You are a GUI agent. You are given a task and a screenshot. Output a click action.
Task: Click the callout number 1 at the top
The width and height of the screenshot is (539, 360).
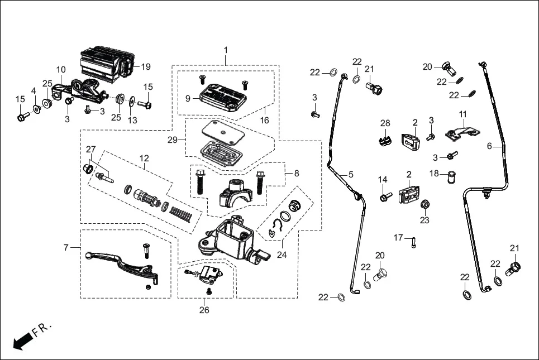pyautogui.click(x=226, y=50)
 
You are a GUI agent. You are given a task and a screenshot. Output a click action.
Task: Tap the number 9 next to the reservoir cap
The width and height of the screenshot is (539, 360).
pyautogui.click(x=188, y=98)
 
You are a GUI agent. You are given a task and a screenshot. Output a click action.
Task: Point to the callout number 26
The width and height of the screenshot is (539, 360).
pyautogui.click(x=204, y=310)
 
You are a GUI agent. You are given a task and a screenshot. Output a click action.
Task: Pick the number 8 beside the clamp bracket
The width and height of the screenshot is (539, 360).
pyautogui.click(x=296, y=173)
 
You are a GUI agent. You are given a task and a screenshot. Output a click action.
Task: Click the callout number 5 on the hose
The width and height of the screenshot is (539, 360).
pyautogui.click(x=350, y=174)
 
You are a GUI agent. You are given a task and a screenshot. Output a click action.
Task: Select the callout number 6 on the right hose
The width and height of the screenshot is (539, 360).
pyautogui.click(x=490, y=146)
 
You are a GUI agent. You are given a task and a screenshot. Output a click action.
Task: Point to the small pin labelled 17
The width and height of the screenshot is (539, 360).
pyautogui.click(x=413, y=242)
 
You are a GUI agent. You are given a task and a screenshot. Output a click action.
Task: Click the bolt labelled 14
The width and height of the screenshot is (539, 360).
pyautogui.click(x=385, y=197)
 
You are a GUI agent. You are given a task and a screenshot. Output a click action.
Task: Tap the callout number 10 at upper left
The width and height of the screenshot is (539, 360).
pyautogui.click(x=61, y=70)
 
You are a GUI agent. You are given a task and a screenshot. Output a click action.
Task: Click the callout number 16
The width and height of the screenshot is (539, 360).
pyautogui.click(x=264, y=120)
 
